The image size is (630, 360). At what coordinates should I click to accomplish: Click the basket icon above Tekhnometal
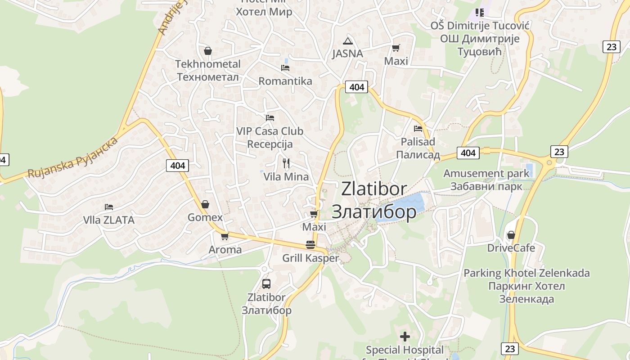(x=208, y=51)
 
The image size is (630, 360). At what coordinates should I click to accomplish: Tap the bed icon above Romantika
(x=285, y=68)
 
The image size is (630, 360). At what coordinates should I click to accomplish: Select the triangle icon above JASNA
(x=347, y=41)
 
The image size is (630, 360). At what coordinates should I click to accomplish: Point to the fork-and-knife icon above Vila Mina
(x=286, y=163)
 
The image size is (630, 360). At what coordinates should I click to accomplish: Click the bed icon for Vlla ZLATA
(x=109, y=207)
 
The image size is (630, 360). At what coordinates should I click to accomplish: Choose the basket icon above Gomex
(x=205, y=204)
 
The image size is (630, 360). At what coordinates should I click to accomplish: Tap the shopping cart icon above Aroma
(x=225, y=236)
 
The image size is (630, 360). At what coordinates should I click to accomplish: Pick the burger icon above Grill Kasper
(x=310, y=245)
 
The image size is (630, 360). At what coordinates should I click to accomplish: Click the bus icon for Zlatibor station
(x=266, y=284)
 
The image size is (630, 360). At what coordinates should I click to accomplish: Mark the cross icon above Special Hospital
(x=405, y=336)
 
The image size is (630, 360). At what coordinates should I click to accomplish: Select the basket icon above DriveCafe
(x=511, y=235)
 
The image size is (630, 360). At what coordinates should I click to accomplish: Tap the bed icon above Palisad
(x=418, y=129)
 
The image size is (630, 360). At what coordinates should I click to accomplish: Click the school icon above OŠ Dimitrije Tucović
(x=479, y=13)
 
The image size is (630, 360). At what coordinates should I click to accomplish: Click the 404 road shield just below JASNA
(x=356, y=87)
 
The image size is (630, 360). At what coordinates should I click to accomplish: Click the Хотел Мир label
(x=264, y=12)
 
